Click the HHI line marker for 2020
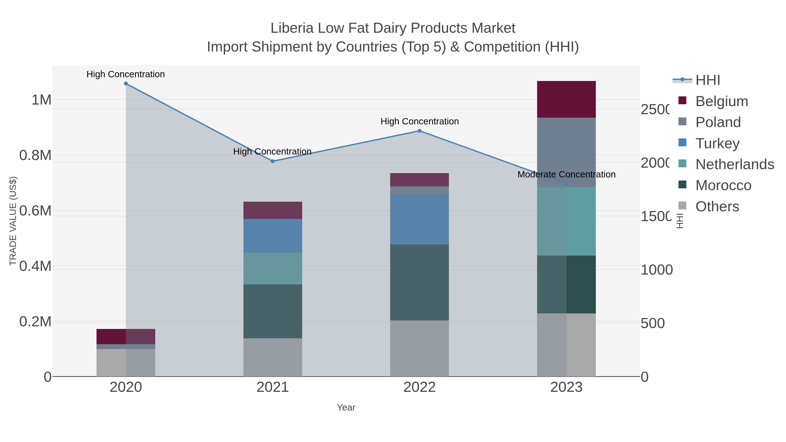[x=126, y=84]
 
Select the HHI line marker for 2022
[x=420, y=131]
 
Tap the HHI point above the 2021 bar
[x=273, y=161]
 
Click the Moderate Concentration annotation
[x=566, y=174]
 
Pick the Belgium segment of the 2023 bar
[x=566, y=100]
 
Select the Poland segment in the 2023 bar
[x=566, y=153]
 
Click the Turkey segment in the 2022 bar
[x=420, y=219]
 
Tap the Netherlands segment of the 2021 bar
[x=273, y=268]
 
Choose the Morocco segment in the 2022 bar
[x=420, y=282]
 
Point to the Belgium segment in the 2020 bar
[x=126, y=336]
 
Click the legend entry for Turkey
[x=717, y=143]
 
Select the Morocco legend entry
[x=723, y=186]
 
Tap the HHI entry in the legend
[x=707, y=80]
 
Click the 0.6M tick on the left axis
[x=35, y=211]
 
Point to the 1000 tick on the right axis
[x=656, y=270]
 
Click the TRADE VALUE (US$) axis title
[x=13, y=221]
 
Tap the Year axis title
[x=346, y=408]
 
